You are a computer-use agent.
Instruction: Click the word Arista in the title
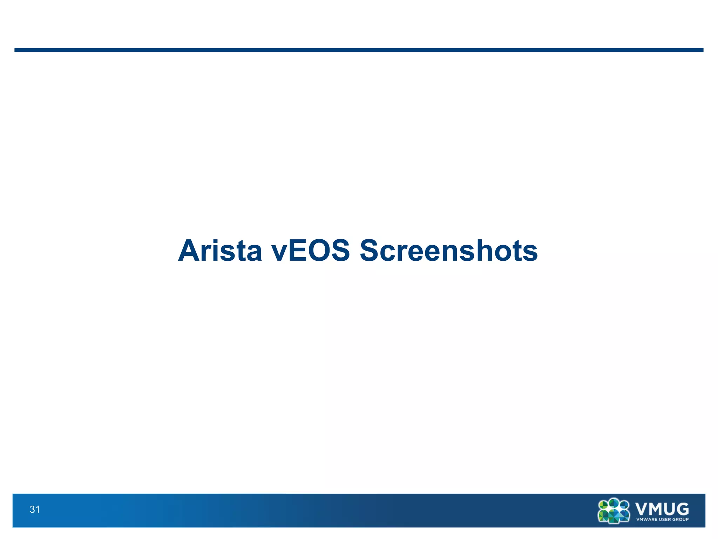point(220,251)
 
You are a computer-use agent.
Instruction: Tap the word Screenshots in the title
point(448,251)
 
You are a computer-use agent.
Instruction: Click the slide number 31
point(35,510)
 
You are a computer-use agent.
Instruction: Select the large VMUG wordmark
point(662,508)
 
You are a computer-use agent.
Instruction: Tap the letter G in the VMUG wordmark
point(682,508)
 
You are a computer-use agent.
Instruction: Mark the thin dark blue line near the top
point(359,50)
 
